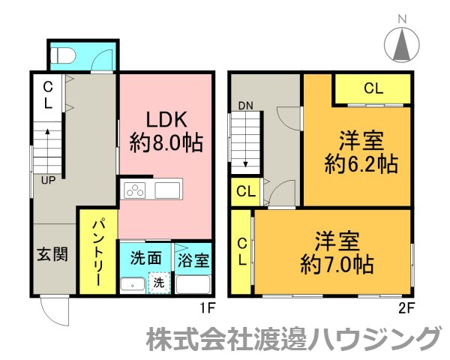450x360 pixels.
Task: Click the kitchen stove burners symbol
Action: [x=135, y=190]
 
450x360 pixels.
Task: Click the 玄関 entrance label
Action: [x=52, y=253]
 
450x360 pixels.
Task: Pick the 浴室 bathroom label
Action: [x=194, y=262]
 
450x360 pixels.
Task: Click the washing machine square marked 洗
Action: [x=158, y=283]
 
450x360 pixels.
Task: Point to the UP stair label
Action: [x=47, y=180]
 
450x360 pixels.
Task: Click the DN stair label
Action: [x=246, y=106]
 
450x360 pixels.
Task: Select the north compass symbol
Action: [x=403, y=43]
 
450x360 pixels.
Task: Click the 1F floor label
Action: [x=208, y=307]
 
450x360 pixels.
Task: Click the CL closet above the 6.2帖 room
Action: [x=373, y=88]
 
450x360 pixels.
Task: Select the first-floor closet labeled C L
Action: [x=47, y=96]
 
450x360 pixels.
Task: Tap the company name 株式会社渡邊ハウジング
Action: [x=292, y=339]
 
